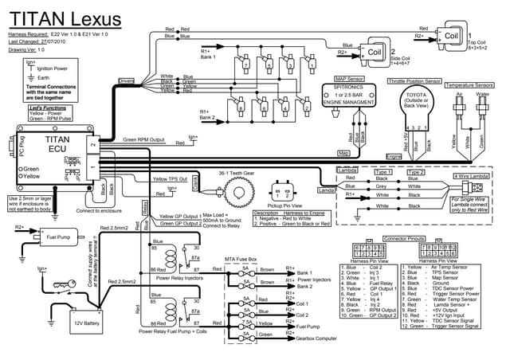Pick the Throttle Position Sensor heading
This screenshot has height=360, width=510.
(414, 81)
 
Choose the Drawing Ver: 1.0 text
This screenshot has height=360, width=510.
(29, 49)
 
